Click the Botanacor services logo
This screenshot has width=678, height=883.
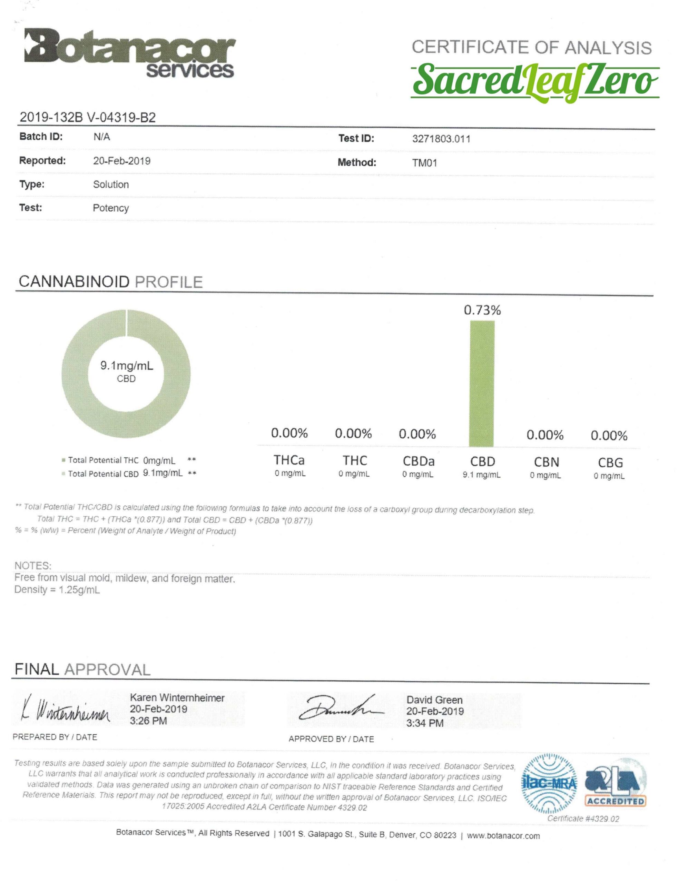[x=129, y=53]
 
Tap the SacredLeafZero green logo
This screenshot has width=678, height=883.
[x=535, y=81]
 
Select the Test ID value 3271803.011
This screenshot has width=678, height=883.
[x=441, y=139]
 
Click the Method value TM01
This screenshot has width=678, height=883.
[x=424, y=163]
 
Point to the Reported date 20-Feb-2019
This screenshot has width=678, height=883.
[x=121, y=161]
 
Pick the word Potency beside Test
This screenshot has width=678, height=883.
[x=111, y=208]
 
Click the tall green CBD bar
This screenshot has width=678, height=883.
[x=482, y=383]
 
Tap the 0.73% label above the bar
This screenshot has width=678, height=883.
[x=482, y=310]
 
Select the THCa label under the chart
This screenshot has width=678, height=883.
[x=289, y=460]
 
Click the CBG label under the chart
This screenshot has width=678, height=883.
[x=610, y=462]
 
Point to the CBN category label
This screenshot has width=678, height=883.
[x=546, y=462]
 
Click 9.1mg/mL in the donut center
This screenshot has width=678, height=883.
[x=127, y=366]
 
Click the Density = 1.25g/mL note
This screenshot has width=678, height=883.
[x=57, y=590]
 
